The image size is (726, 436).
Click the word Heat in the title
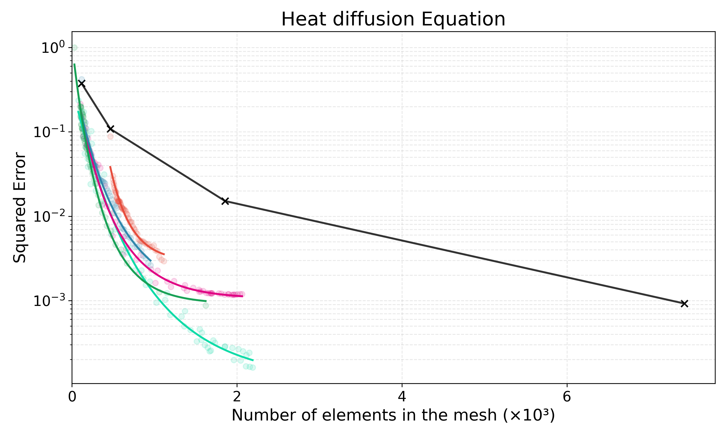(304, 19)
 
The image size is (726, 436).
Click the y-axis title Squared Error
(20, 207)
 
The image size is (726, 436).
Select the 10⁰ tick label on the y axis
(53, 48)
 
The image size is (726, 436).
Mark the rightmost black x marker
(684, 304)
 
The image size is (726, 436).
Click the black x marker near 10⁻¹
(110, 129)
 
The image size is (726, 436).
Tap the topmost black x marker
(82, 83)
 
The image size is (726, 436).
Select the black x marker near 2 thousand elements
(225, 201)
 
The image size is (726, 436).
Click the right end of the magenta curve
(242, 296)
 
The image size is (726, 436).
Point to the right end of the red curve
(164, 254)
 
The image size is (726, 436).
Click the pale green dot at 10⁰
(74, 47)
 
